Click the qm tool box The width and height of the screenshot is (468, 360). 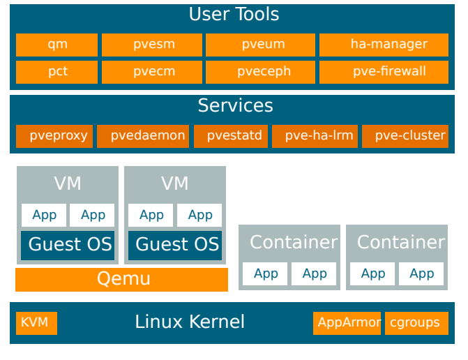(x=57, y=45)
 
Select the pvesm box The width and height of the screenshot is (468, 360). (x=152, y=45)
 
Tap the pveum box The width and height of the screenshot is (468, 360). (x=262, y=45)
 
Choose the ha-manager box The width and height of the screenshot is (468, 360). (x=384, y=45)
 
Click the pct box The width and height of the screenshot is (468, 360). (x=57, y=72)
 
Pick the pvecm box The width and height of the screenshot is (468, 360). (x=152, y=72)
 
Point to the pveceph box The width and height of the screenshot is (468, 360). (x=262, y=72)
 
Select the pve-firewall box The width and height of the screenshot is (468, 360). (x=384, y=72)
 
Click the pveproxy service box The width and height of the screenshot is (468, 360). (x=54, y=136)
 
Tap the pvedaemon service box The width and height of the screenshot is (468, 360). (x=143, y=136)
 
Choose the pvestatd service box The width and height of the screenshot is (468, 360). (x=231, y=136)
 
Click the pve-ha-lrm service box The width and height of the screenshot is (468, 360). (x=315, y=136)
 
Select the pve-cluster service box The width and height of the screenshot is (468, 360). (x=405, y=136)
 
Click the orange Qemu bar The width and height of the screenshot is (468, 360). (x=122, y=279)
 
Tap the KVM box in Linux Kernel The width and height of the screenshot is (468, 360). (x=36, y=323)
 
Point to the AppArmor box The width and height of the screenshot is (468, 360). (x=347, y=323)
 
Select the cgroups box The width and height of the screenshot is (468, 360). (x=416, y=323)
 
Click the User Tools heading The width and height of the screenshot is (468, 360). (x=234, y=15)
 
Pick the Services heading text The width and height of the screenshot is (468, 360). (x=235, y=105)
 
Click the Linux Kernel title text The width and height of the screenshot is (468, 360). (x=190, y=322)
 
